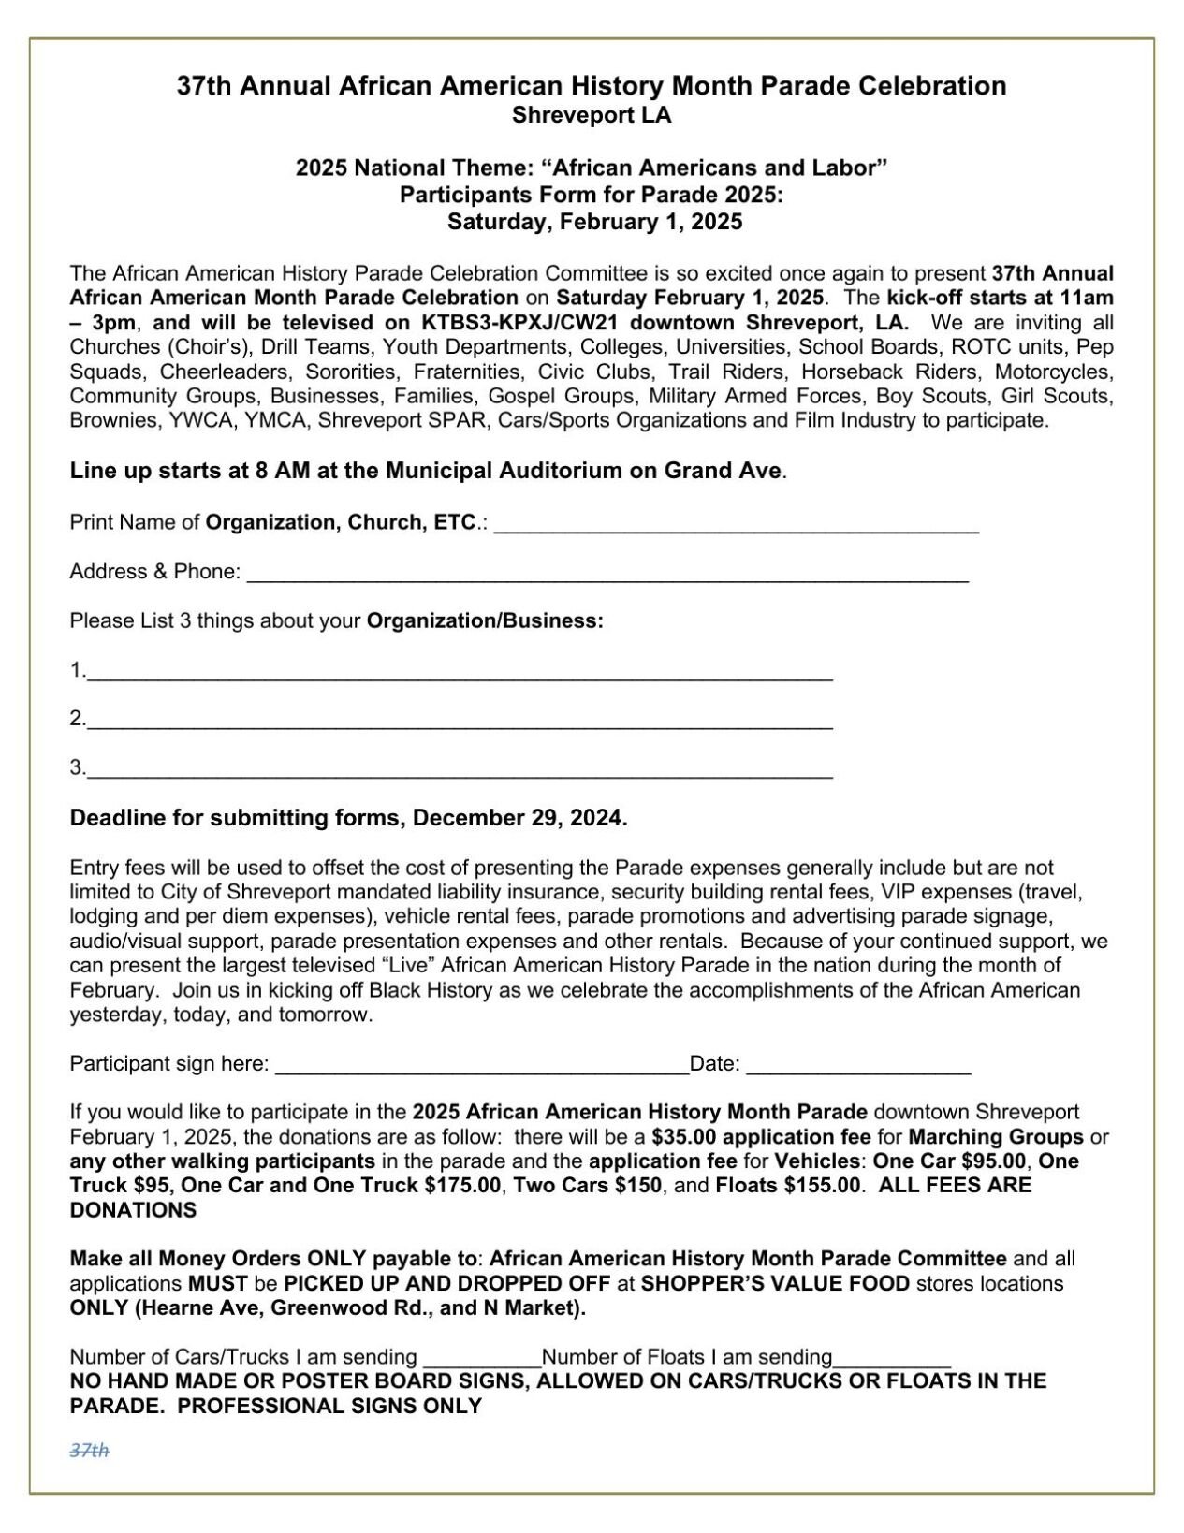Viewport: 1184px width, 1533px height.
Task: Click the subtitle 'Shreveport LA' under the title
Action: (x=592, y=115)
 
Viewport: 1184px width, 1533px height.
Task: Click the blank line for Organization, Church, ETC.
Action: (x=736, y=527)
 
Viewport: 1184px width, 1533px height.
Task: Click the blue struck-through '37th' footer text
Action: (x=90, y=1450)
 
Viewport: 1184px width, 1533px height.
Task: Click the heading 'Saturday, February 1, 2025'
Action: (x=594, y=222)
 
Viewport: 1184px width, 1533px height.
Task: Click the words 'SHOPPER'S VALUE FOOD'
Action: (x=775, y=1283)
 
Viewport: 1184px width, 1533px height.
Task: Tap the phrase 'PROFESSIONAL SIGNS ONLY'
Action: (x=329, y=1406)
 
